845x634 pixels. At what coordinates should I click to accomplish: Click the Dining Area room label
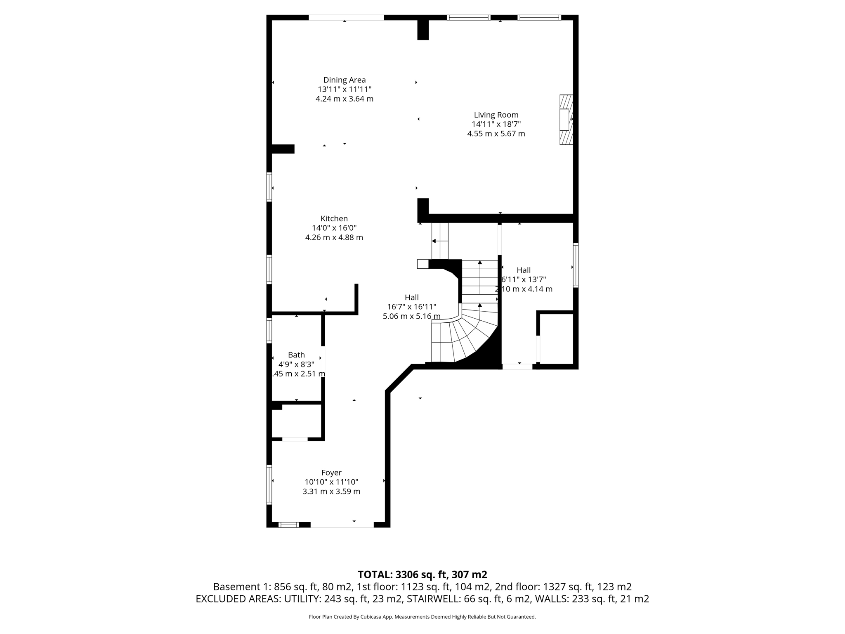coord(344,80)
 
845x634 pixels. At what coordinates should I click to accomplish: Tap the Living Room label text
coord(496,115)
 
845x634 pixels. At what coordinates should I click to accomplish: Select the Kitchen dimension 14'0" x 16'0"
coord(334,228)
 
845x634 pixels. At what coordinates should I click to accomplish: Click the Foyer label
coord(331,473)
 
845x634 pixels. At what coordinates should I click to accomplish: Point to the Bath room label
coord(296,355)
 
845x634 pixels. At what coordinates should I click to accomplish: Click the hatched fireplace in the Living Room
coord(566,120)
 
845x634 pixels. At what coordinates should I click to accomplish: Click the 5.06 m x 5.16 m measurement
coord(411,317)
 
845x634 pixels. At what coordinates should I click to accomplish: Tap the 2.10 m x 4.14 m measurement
coord(524,289)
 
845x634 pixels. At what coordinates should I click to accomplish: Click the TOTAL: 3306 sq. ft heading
coord(422,575)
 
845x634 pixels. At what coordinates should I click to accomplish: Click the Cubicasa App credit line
coord(422,617)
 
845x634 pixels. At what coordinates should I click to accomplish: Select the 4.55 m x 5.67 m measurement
coord(496,134)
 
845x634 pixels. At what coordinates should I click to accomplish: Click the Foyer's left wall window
coord(269,485)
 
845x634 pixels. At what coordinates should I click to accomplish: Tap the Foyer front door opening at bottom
coord(342,525)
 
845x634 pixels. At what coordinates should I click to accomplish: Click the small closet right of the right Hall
coord(556,338)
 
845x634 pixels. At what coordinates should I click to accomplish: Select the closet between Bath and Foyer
coord(296,421)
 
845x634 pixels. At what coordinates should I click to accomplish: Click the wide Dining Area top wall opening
coord(346,18)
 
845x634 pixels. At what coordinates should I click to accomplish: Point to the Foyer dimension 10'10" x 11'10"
coord(331,482)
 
